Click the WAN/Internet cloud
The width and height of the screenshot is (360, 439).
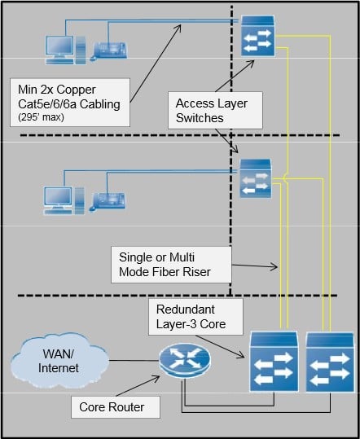click(x=59, y=361)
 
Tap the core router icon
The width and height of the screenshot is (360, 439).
click(x=185, y=361)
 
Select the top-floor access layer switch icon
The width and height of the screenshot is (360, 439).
click(x=258, y=36)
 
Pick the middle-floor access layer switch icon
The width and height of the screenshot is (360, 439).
click(x=256, y=178)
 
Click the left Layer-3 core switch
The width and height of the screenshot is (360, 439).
click(x=274, y=362)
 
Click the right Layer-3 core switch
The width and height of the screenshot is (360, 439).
click(x=330, y=362)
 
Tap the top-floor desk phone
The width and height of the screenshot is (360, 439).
click(x=109, y=51)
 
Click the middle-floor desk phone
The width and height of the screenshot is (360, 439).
click(x=108, y=202)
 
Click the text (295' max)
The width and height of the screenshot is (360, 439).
click(x=41, y=116)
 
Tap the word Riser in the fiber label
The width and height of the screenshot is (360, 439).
click(x=196, y=272)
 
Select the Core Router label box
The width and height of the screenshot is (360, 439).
click(x=116, y=407)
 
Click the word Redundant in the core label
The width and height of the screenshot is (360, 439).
click(x=186, y=309)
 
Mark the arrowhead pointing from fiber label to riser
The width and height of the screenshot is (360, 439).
click(x=274, y=266)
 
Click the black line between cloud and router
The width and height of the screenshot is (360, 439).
click(x=134, y=360)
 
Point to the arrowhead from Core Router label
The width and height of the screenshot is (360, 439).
click(x=156, y=379)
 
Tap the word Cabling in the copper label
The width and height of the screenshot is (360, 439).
click(x=100, y=104)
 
